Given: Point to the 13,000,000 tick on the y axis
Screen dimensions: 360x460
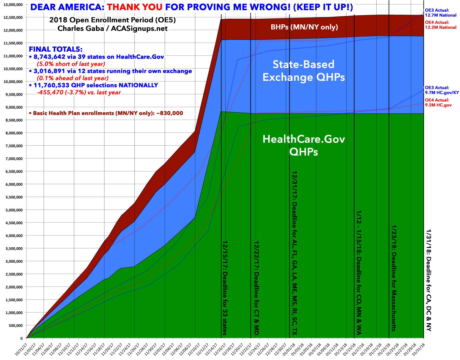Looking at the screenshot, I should [x=12, y=4].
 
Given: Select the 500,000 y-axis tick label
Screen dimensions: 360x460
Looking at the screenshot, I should [x=14, y=326].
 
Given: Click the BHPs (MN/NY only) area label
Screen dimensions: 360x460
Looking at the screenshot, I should [x=304, y=28].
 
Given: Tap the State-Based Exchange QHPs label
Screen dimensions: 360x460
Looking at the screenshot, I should [x=304, y=71].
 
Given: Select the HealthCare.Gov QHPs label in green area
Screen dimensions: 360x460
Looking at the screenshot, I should [x=304, y=145].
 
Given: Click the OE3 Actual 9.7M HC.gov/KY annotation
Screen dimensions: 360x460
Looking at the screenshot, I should [x=442, y=90].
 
